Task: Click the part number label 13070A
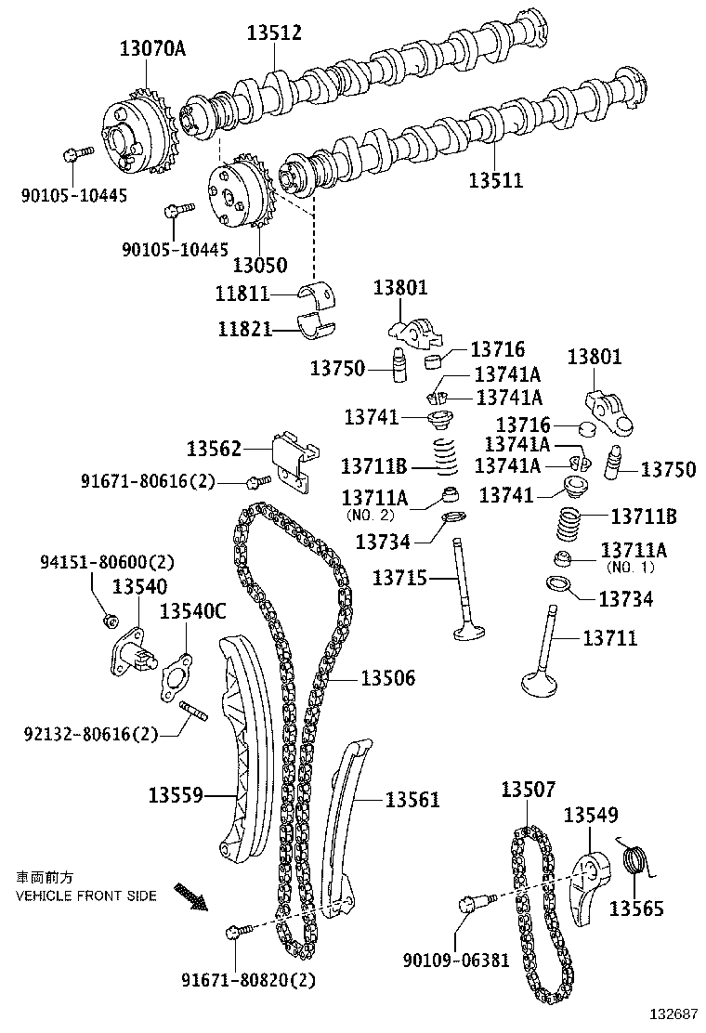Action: [151, 48]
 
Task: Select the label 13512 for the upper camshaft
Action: [274, 33]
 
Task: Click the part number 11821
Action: [246, 329]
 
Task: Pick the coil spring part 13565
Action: [634, 861]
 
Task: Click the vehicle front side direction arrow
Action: [194, 897]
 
